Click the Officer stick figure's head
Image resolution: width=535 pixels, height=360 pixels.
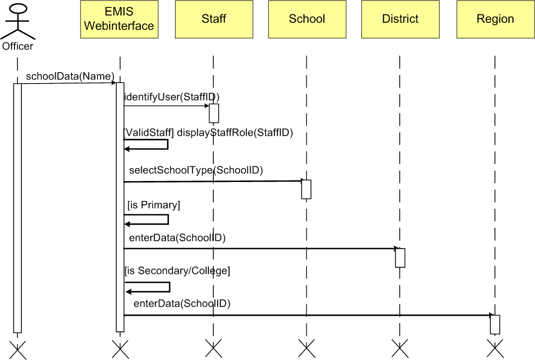(18, 8)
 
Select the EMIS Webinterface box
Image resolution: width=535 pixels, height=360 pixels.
(119, 19)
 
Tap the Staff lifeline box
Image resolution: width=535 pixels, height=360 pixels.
(214, 19)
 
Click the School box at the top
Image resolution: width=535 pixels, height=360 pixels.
(307, 19)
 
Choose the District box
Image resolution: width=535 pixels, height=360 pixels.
(400, 19)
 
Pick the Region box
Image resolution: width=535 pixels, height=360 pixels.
(495, 19)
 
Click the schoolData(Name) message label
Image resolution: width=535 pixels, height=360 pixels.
(70, 76)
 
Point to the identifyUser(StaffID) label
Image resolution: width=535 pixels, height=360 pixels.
(172, 97)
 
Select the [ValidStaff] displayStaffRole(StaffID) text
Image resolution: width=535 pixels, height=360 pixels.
(208, 133)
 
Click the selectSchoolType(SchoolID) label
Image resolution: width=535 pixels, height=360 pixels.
(196, 170)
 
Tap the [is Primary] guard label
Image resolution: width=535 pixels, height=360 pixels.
(154, 205)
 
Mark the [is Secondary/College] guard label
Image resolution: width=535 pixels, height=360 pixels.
(178, 271)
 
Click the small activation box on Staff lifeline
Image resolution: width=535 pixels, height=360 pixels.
(214, 113)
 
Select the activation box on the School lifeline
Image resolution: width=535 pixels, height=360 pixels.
(306, 189)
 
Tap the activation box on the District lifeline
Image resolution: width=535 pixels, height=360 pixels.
(400, 258)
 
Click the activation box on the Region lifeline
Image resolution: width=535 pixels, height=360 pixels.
(495, 324)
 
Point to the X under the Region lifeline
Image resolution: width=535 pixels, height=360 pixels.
(495, 348)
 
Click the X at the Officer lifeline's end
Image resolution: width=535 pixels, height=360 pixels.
(17, 349)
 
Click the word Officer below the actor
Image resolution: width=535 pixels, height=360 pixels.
(18, 47)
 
